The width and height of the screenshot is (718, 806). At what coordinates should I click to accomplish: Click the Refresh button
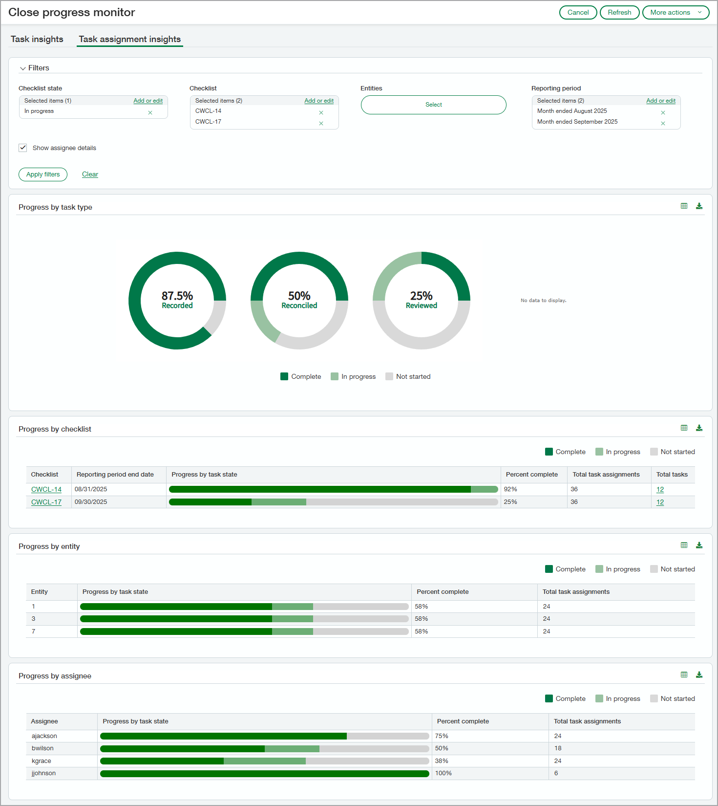[x=619, y=13]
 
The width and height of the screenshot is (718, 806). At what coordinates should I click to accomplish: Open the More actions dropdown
[x=676, y=13]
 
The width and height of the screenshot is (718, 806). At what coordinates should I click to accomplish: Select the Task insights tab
[x=37, y=39]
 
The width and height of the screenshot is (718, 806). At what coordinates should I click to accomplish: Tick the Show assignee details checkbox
[x=23, y=148]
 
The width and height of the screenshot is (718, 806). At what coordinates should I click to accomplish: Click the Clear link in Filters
[x=90, y=174]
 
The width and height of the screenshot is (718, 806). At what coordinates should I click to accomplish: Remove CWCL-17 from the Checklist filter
[x=321, y=123]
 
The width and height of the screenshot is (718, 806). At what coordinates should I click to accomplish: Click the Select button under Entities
[x=433, y=105]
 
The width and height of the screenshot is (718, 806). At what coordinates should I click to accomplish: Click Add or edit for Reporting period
[x=660, y=101]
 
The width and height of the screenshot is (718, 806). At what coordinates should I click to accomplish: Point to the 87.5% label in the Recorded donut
[x=177, y=296]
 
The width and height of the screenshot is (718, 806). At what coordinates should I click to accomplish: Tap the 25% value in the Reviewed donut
[x=421, y=296]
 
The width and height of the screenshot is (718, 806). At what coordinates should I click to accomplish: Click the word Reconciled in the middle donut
[x=299, y=305]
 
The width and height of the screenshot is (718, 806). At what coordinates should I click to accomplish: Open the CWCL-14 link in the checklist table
[x=46, y=489]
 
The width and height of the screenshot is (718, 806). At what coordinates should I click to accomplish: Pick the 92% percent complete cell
[x=510, y=489]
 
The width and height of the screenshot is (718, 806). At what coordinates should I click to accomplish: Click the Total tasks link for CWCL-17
[x=660, y=502]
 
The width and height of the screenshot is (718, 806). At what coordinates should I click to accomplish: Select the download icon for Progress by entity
[x=699, y=545]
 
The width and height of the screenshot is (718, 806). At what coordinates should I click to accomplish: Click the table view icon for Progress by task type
[x=684, y=206]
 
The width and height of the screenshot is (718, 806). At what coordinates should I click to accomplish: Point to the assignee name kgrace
[x=42, y=761]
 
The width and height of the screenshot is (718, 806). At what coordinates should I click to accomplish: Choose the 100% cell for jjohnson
[x=443, y=773]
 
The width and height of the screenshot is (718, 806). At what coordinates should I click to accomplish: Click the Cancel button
[x=578, y=13]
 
